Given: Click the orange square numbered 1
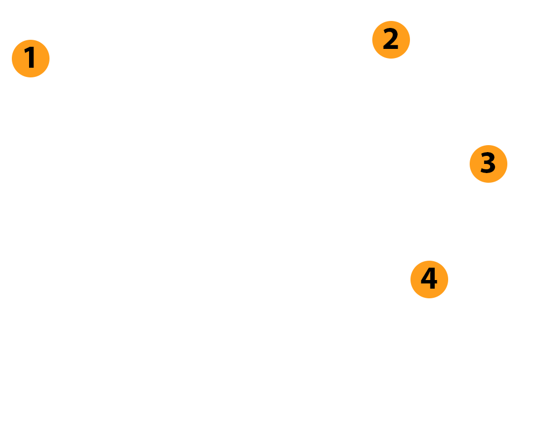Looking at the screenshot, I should click(x=30, y=58).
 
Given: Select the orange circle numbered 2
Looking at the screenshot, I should click(x=391, y=40).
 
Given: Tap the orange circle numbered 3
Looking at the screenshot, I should click(x=489, y=163).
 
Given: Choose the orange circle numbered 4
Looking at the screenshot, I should click(x=429, y=279).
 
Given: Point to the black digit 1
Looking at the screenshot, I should click(x=30, y=58).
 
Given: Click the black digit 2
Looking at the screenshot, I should click(x=391, y=40).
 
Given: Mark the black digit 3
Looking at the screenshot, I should click(x=488, y=163).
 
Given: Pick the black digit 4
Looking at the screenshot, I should click(x=429, y=279).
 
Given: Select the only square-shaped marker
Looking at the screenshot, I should click(x=30, y=58).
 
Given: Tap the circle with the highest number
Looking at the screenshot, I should click(x=429, y=279).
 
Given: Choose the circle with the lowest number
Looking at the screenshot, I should click(x=391, y=40).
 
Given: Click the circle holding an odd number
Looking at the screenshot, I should click(x=489, y=163).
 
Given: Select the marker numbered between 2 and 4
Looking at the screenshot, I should click(x=489, y=163).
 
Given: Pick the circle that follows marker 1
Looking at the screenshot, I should click(x=391, y=40).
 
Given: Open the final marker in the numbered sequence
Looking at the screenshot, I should click(x=429, y=279).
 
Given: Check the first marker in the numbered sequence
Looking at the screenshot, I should click(x=30, y=58).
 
